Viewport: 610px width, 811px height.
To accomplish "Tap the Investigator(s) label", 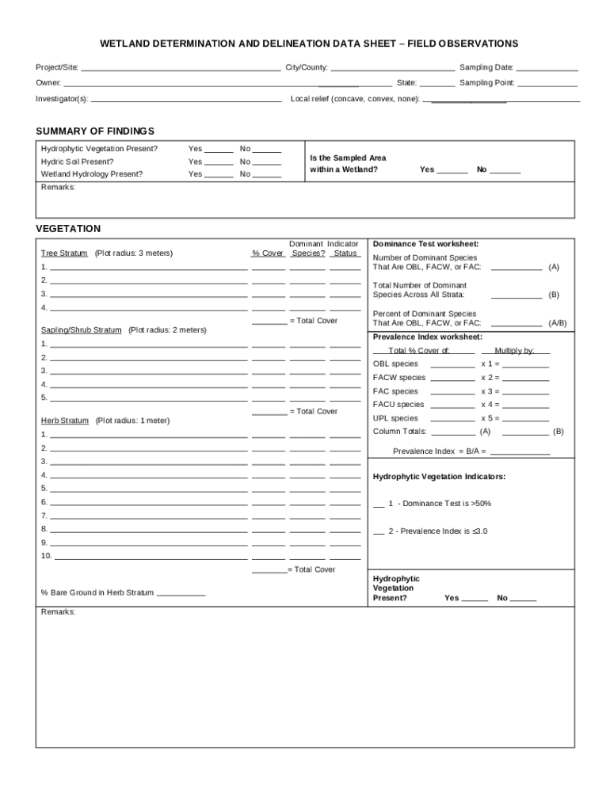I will tap(62, 99).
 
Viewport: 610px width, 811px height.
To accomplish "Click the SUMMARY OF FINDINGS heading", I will tap(95, 131).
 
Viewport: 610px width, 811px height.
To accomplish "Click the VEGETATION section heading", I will tap(68, 229).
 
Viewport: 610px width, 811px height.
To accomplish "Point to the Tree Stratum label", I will tap(64, 253).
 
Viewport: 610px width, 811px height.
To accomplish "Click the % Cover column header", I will tap(268, 253).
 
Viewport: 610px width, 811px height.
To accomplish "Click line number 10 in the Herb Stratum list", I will tap(46, 556).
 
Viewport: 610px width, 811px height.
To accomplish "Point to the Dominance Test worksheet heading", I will tap(425, 244).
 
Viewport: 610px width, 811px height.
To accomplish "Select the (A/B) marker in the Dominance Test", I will tap(558, 323).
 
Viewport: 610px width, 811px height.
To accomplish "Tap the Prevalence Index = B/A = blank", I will tap(520, 453).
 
